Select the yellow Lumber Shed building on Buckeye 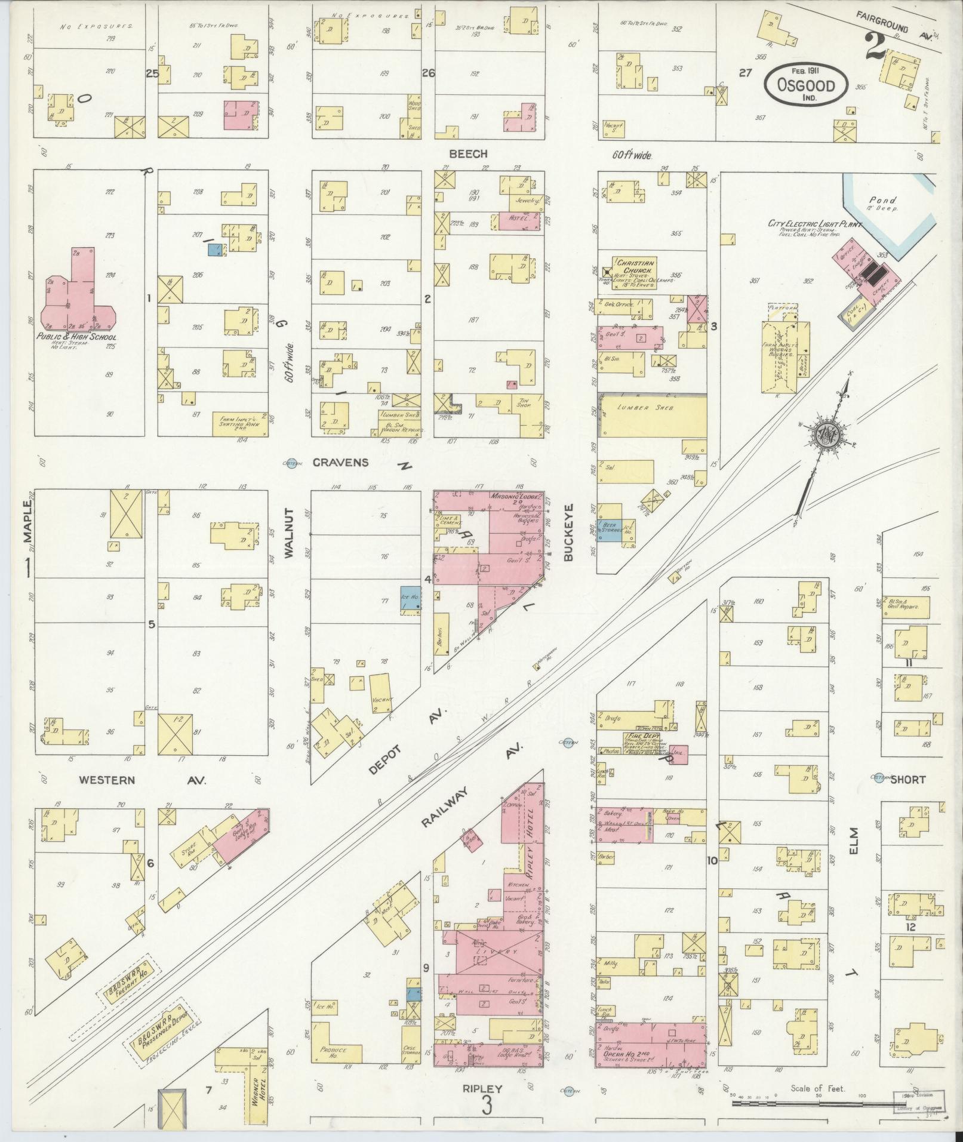653,416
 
